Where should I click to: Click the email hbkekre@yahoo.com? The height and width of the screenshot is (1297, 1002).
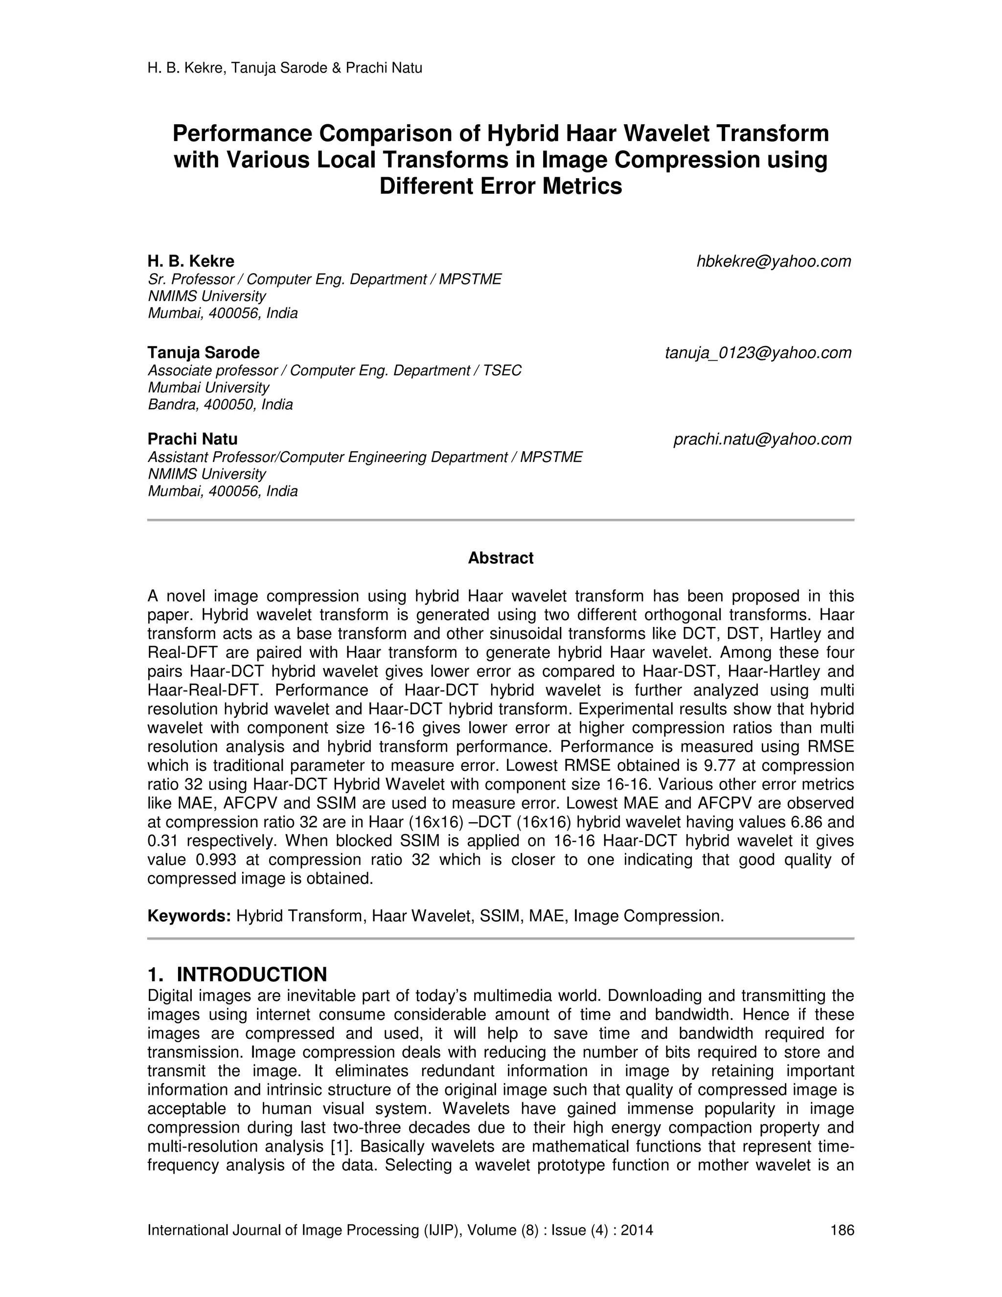[774, 261]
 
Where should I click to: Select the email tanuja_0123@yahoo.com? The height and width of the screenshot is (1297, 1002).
[758, 353]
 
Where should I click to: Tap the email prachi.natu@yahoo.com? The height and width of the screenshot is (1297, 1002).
[762, 440]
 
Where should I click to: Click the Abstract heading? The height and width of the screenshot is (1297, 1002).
[501, 558]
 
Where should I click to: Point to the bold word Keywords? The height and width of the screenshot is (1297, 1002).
[189, 916]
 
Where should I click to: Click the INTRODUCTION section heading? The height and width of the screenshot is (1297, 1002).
[251, 974]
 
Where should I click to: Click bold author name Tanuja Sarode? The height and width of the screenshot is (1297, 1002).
[203, 353]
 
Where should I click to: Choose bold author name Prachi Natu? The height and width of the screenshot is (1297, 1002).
[192, 440]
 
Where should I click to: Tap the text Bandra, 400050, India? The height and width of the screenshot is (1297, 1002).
[220, 405]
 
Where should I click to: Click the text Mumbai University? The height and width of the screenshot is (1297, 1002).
[208, 388]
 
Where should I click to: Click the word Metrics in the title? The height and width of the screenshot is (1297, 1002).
[582, 186]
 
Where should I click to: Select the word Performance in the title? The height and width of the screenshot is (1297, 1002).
[242, 134]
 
